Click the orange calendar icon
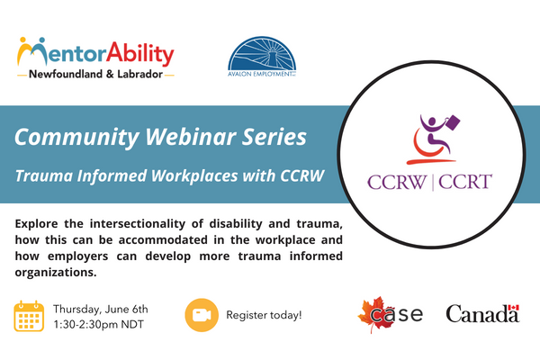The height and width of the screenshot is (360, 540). (30, 316)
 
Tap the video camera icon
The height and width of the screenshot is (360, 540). (201, 316)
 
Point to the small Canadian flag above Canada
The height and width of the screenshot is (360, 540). (513, 311)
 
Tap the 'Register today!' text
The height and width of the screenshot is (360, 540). (264, 316)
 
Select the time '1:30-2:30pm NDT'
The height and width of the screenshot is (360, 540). (101, 324)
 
